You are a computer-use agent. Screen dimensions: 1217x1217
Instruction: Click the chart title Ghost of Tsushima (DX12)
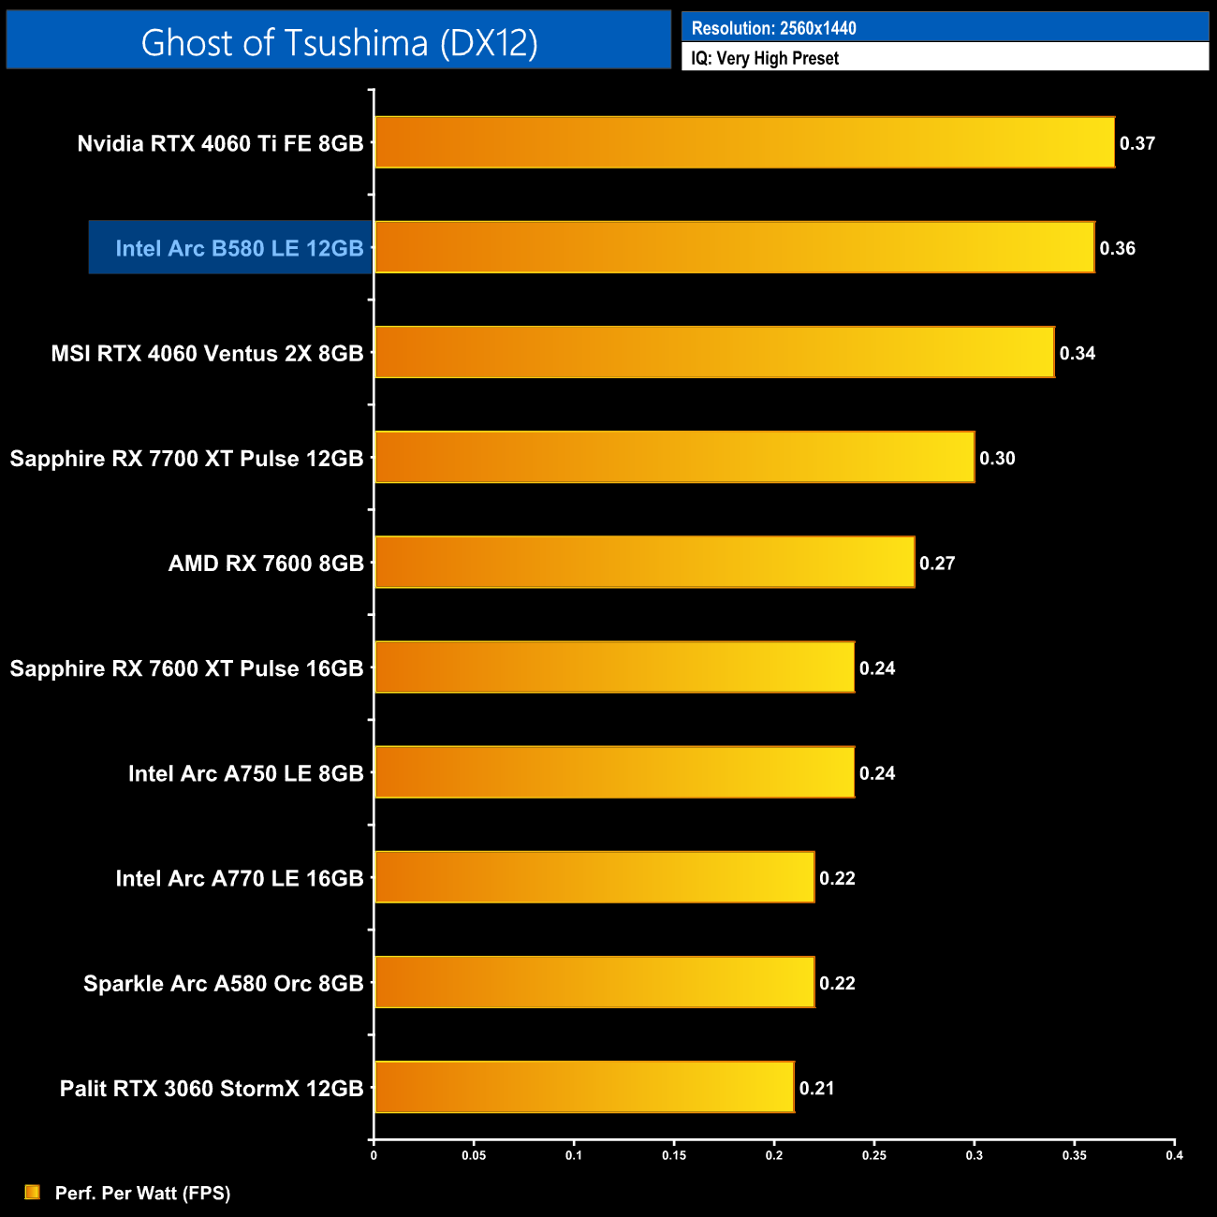pyautogui.click(x=339, y=42)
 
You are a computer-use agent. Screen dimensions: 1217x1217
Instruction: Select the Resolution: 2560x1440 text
pyautogui.click(x=773, y=28)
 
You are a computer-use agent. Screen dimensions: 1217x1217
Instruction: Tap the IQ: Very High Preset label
pyautogui.click(x=765, y=58)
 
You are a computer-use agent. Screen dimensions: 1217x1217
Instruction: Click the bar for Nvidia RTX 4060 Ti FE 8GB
pyautogui.click(x=744, y=142)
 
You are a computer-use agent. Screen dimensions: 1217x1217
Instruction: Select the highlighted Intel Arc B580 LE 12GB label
pyautogui.click(x=239, y=248)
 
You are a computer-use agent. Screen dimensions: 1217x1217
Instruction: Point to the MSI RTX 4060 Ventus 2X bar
pyautogui.click(x=714, y=352)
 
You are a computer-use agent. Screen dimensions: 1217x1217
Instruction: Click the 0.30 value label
pyautogui.click(x=997, y=458)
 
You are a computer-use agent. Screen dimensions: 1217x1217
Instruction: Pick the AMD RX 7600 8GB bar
pyautogui.click(x=644, y=562)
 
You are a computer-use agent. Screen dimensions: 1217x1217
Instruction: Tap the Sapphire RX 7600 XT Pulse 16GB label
pyautogui.click(x=186, y=668)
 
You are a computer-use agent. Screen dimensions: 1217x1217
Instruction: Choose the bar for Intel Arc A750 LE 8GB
pyautogui.click(x=614, y=772)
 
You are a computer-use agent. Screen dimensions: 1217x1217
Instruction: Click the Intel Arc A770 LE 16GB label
pyautogui.click(x=239, y=878)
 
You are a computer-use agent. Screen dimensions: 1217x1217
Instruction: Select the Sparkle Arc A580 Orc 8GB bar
pyautogui.click(x=594, y=982)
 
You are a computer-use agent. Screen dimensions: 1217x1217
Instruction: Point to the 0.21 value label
pyautogui.click(x=816, y=1088)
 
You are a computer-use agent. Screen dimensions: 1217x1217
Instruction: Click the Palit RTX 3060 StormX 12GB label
pyautogui.click(x=212, y=1089)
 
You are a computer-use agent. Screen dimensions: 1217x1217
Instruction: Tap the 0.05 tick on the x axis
pyautogui.click(x=474, y=1155)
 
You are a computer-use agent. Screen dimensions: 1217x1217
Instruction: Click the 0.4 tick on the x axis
pyautogui.click(x=1174, y=1155)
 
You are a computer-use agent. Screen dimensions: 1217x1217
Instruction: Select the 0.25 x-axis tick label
pyautogui.click(x=873, y=1155)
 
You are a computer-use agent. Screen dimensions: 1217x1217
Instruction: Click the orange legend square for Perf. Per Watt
pyautogui.click(x=33, y=1192)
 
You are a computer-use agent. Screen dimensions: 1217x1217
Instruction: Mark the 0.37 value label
pyautogui.click(x=1137, y=143)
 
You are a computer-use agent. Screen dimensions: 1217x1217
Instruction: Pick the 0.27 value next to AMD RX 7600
pyautogui.click(x=937, y=563)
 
